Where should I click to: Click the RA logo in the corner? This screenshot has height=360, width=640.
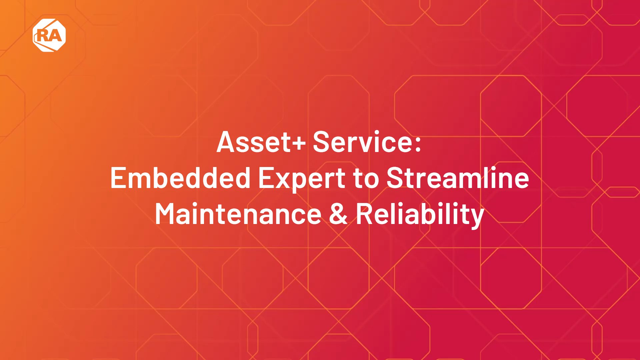coord(49,35)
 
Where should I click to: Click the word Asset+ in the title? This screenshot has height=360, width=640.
coord(261,142)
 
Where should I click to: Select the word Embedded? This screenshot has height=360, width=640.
coord(180,178)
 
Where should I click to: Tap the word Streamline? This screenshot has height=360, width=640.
coord(458,178)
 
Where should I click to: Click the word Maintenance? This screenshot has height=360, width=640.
coord(238,214)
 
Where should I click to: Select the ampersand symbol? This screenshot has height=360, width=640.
coord(338,214)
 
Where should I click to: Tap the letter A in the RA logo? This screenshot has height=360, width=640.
coord(56,35)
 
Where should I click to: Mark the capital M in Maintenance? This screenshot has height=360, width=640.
coord(167,214)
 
